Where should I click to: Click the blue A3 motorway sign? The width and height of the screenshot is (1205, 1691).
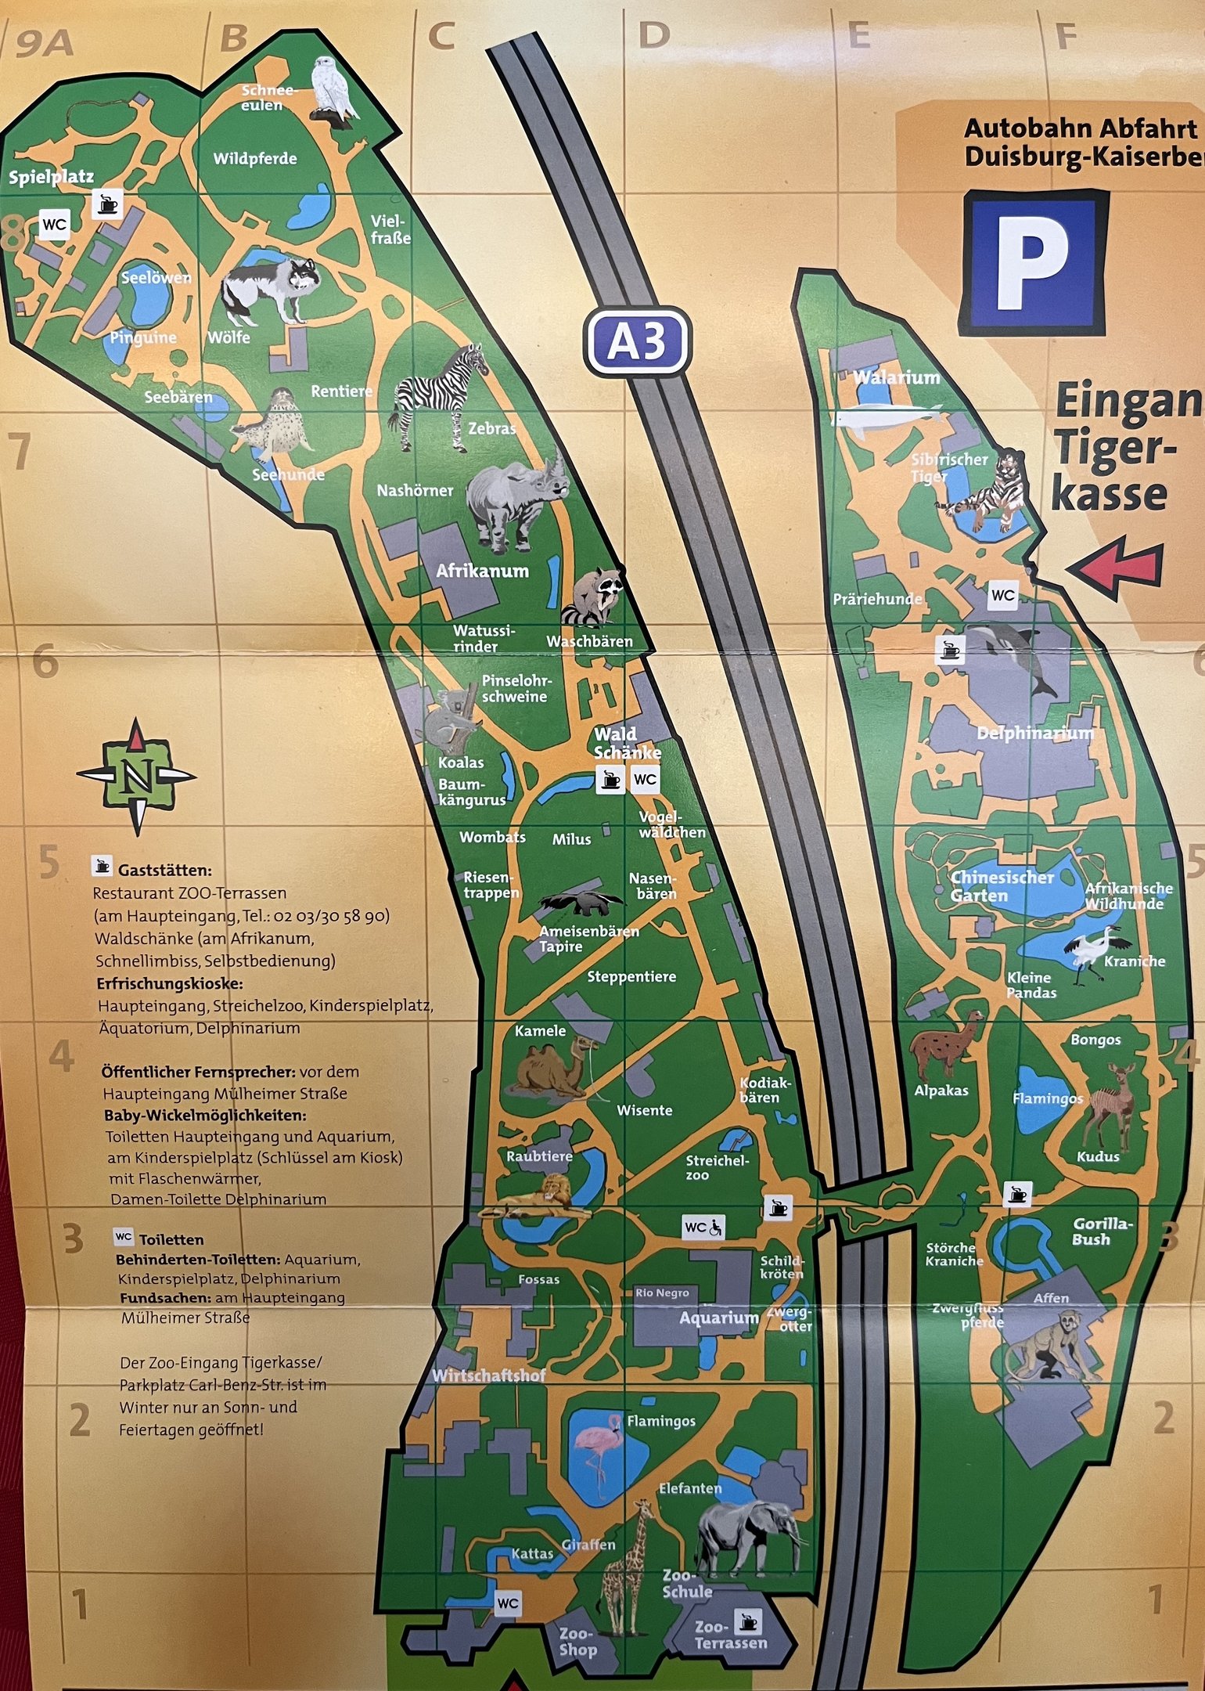point(637,341)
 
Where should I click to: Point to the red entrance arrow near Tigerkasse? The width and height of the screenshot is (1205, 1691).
point(1117,565)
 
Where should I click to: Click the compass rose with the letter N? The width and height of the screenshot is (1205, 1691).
point(137,775)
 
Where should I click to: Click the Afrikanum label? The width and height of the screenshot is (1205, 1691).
point(482,571)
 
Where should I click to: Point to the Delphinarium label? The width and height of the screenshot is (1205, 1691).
point(1034,734)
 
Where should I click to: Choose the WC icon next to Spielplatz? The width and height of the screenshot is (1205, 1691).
point(55,225)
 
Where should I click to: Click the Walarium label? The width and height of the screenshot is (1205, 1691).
point(896,377)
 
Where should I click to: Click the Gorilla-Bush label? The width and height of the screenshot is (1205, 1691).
point(1102,1231)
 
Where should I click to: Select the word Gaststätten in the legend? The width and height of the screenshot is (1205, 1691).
point(165,870)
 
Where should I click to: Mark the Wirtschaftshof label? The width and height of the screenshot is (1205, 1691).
point(489,1376)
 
